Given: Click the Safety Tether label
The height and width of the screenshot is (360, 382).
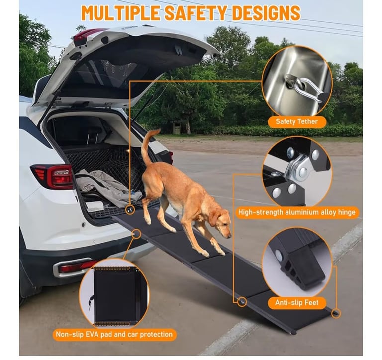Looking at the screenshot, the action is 297,121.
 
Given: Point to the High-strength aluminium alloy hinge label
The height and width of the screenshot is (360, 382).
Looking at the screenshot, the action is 297,212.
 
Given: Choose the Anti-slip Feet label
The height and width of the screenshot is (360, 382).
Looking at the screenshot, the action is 297,303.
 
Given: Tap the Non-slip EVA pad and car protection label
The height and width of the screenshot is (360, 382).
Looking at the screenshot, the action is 114,334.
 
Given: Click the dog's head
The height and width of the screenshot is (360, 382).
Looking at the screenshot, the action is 221,223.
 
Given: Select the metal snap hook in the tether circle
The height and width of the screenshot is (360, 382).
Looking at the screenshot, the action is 306,87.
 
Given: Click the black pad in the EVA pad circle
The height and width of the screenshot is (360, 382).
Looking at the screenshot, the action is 114,296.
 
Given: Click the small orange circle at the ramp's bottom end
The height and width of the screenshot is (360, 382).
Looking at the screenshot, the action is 336,313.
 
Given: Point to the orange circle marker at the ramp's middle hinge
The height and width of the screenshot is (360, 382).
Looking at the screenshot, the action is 242,302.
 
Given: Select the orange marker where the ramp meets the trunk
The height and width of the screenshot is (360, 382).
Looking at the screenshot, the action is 130,210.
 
